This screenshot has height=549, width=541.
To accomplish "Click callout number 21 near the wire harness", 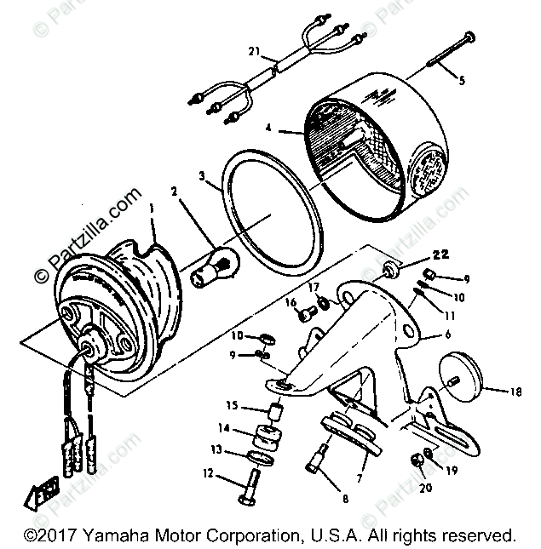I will (254, 53).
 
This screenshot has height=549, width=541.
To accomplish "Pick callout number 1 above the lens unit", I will (152, 209).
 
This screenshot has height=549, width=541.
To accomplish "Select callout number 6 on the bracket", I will (446, 335).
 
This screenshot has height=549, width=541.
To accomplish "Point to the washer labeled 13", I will (260, 460).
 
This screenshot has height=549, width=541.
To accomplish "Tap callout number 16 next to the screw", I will (290, 302).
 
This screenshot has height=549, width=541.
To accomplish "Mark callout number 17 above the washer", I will (314, 287).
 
